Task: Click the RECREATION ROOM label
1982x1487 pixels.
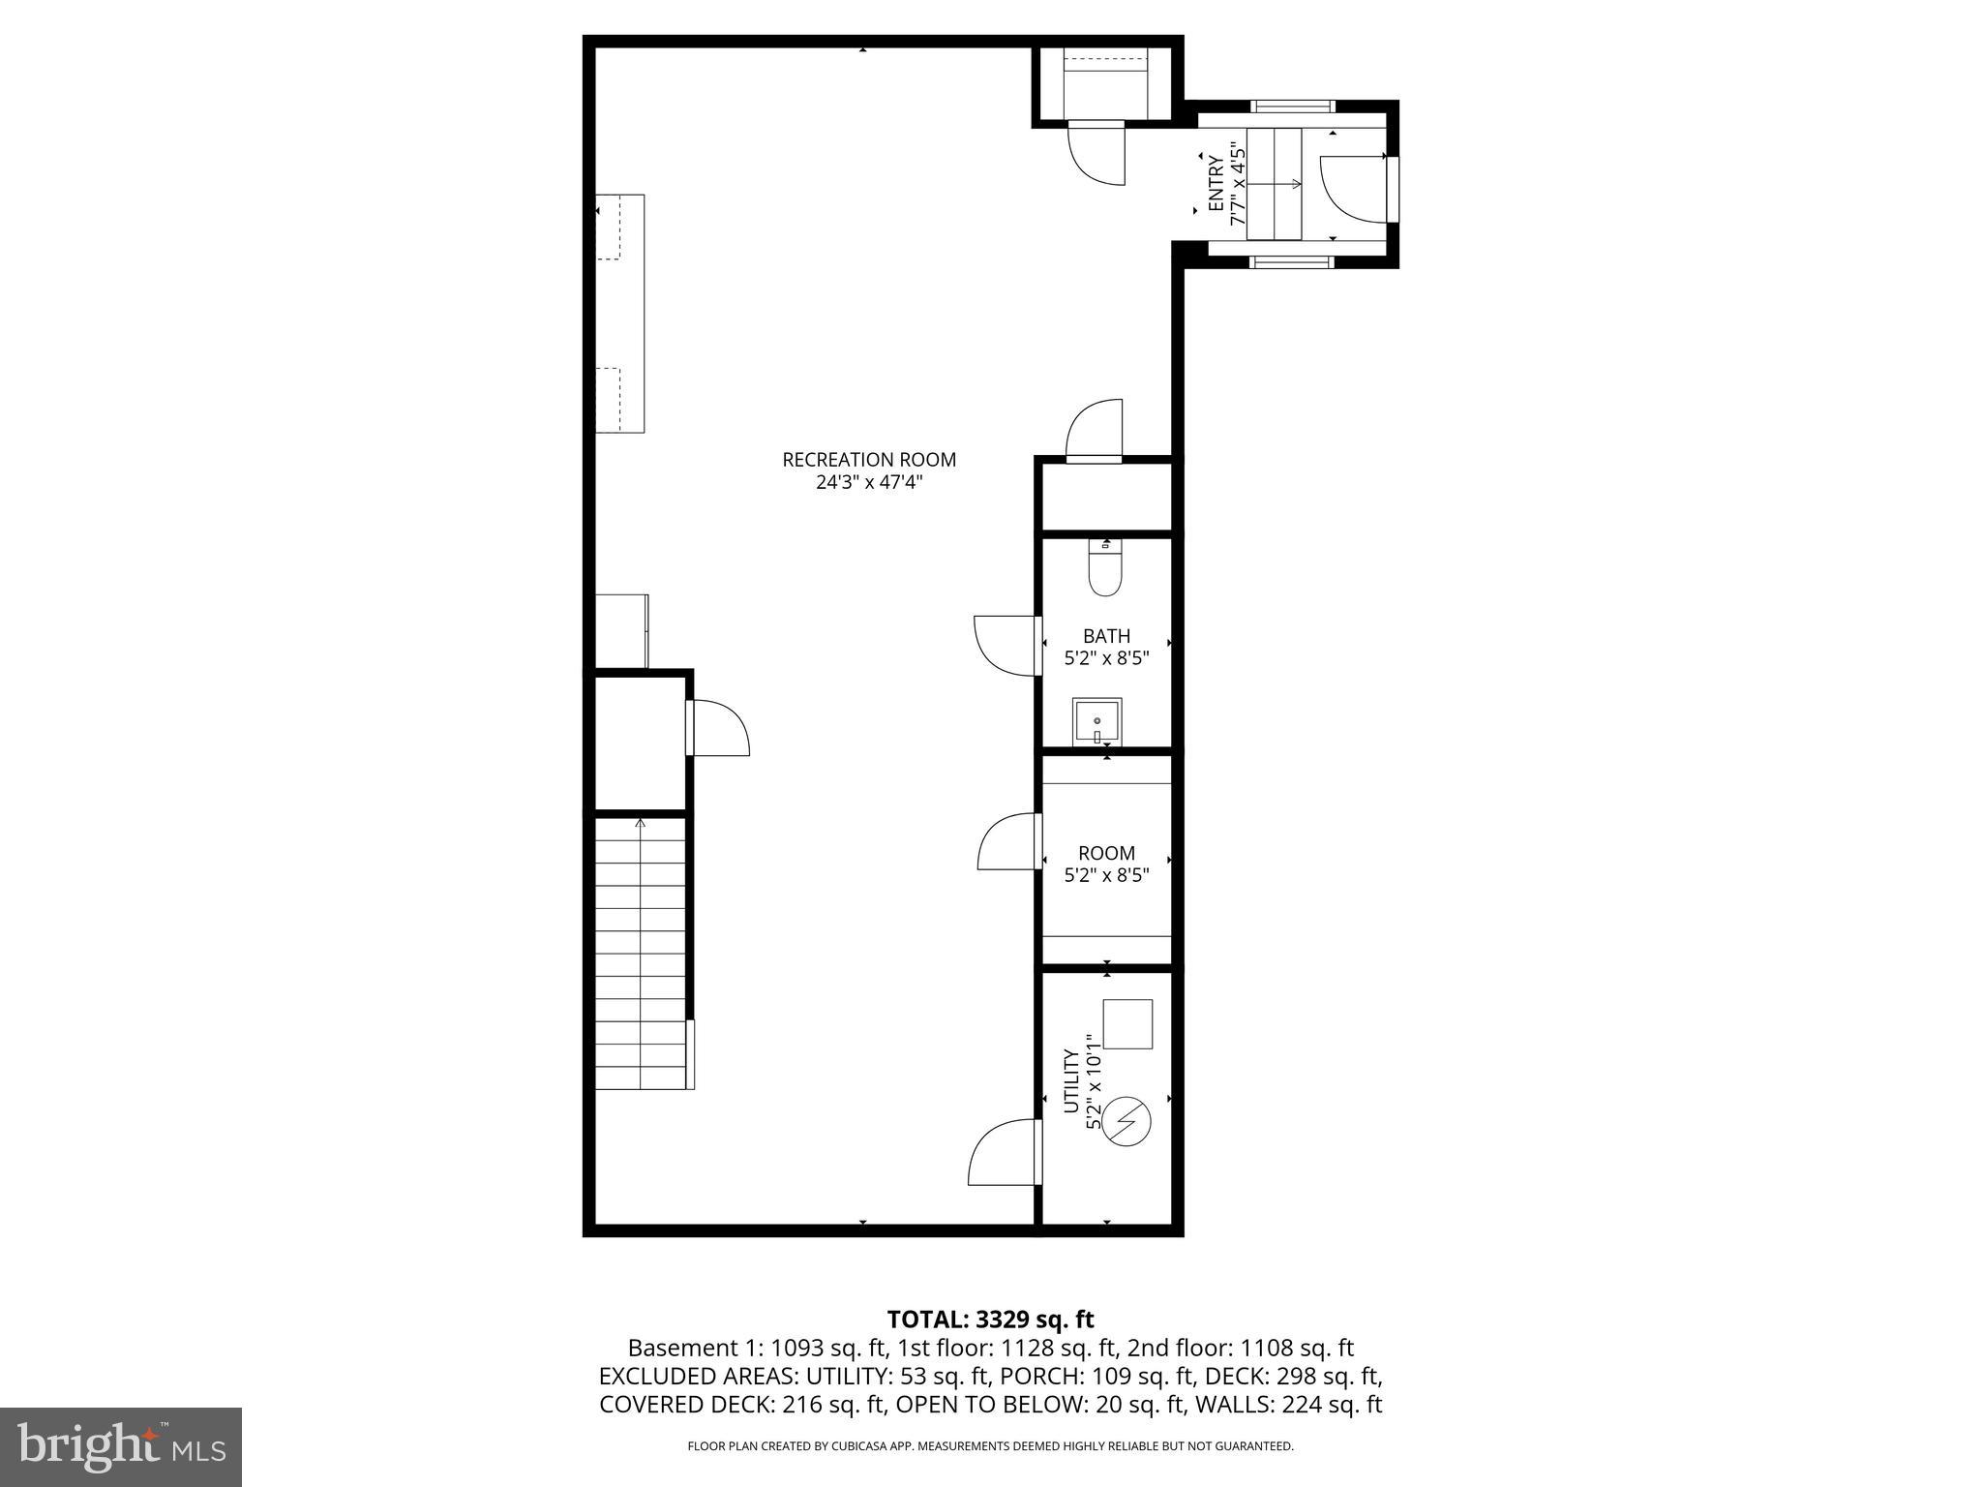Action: click(x=868, y=459)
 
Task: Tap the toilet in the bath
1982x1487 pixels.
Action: click(x=1104, y=571)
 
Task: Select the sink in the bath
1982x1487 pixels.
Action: click(x=1096, y=721)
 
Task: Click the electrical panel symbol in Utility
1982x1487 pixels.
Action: click(x=1126, y=1122)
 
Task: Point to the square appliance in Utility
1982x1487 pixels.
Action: click(x=1128, y=1023)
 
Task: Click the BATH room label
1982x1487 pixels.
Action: click(x=1106, y=636)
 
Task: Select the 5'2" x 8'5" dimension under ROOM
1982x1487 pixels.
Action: click(x=1106, y=875)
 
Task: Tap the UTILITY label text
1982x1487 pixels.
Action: click(x=1071, y=1081)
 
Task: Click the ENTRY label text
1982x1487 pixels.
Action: click(x=1216, y=184)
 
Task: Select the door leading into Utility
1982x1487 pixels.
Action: click(x=1005, y=1153)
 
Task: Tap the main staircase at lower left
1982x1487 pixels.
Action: click(x=640, y=954)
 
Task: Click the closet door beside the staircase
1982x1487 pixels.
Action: click(x=718, y=728)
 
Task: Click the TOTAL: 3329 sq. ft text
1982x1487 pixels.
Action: click(x=990, y=1319)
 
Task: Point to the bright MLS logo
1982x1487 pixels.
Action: click(x=121, y=1446)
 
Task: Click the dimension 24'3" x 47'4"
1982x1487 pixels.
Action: click(x=868, y=482)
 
